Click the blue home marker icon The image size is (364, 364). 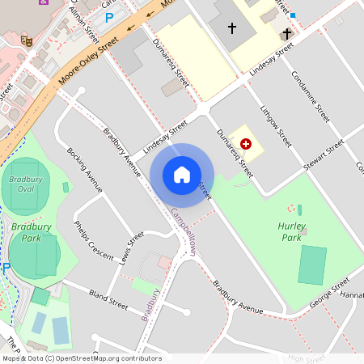182,175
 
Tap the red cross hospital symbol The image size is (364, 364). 246,142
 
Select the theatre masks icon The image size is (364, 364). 26,38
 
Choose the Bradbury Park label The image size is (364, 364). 26,233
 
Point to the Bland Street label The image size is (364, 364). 108,299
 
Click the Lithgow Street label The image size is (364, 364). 275,125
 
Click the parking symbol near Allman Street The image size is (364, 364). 108,17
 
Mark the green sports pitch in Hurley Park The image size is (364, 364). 312,265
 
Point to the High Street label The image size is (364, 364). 305,358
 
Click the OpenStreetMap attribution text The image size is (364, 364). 82,358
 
